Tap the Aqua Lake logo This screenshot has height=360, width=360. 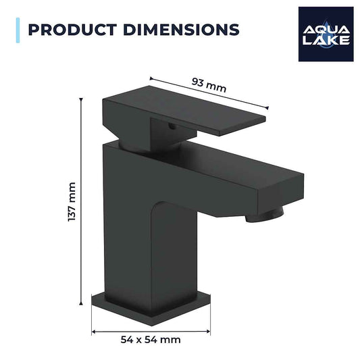coord(326,34)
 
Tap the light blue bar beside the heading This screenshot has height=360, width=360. coord(17,30)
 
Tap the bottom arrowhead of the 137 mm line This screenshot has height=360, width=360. coord(82,307)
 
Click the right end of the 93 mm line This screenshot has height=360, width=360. coord(268,106)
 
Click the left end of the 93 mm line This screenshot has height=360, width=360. coord(151,76)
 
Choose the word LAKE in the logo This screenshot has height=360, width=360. coord(326,41)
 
